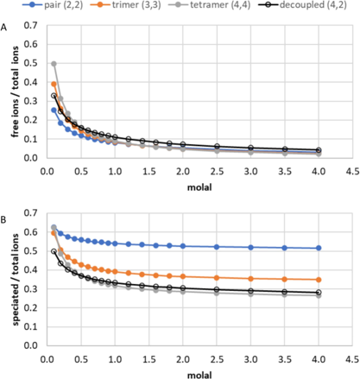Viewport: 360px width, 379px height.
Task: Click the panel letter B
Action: click(5, 204)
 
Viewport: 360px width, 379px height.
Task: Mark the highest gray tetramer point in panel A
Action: click(54, 63)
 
